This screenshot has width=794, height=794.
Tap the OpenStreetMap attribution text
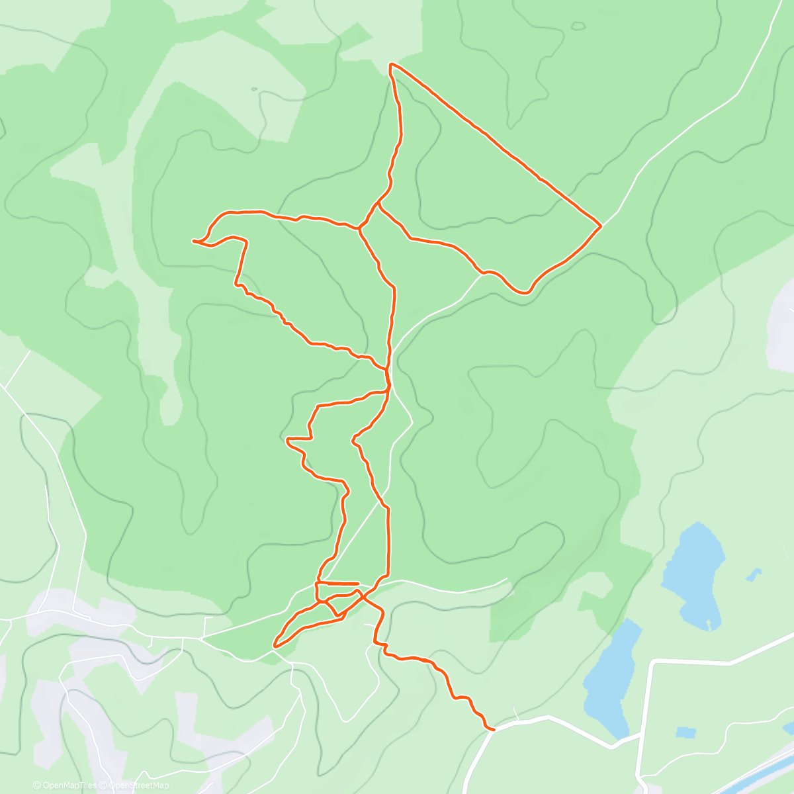pos(138,785)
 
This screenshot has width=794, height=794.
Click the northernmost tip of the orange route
pos(391,64)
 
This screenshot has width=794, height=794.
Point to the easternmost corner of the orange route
pos(601,226)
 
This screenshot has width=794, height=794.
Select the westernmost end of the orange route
pos(194,242)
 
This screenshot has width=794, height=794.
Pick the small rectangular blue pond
pos(686,732)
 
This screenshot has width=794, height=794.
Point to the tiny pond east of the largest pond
pos(753,574)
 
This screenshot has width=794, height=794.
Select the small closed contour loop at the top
pos(578,26)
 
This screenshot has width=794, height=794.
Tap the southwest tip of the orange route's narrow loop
pos(275,643)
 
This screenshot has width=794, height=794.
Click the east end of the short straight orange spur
pos(358,584)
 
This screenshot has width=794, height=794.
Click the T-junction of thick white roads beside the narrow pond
pos(641,733)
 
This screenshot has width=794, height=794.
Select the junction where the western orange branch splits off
pos(359,229)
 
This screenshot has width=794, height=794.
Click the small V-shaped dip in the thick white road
pos(613,747)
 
